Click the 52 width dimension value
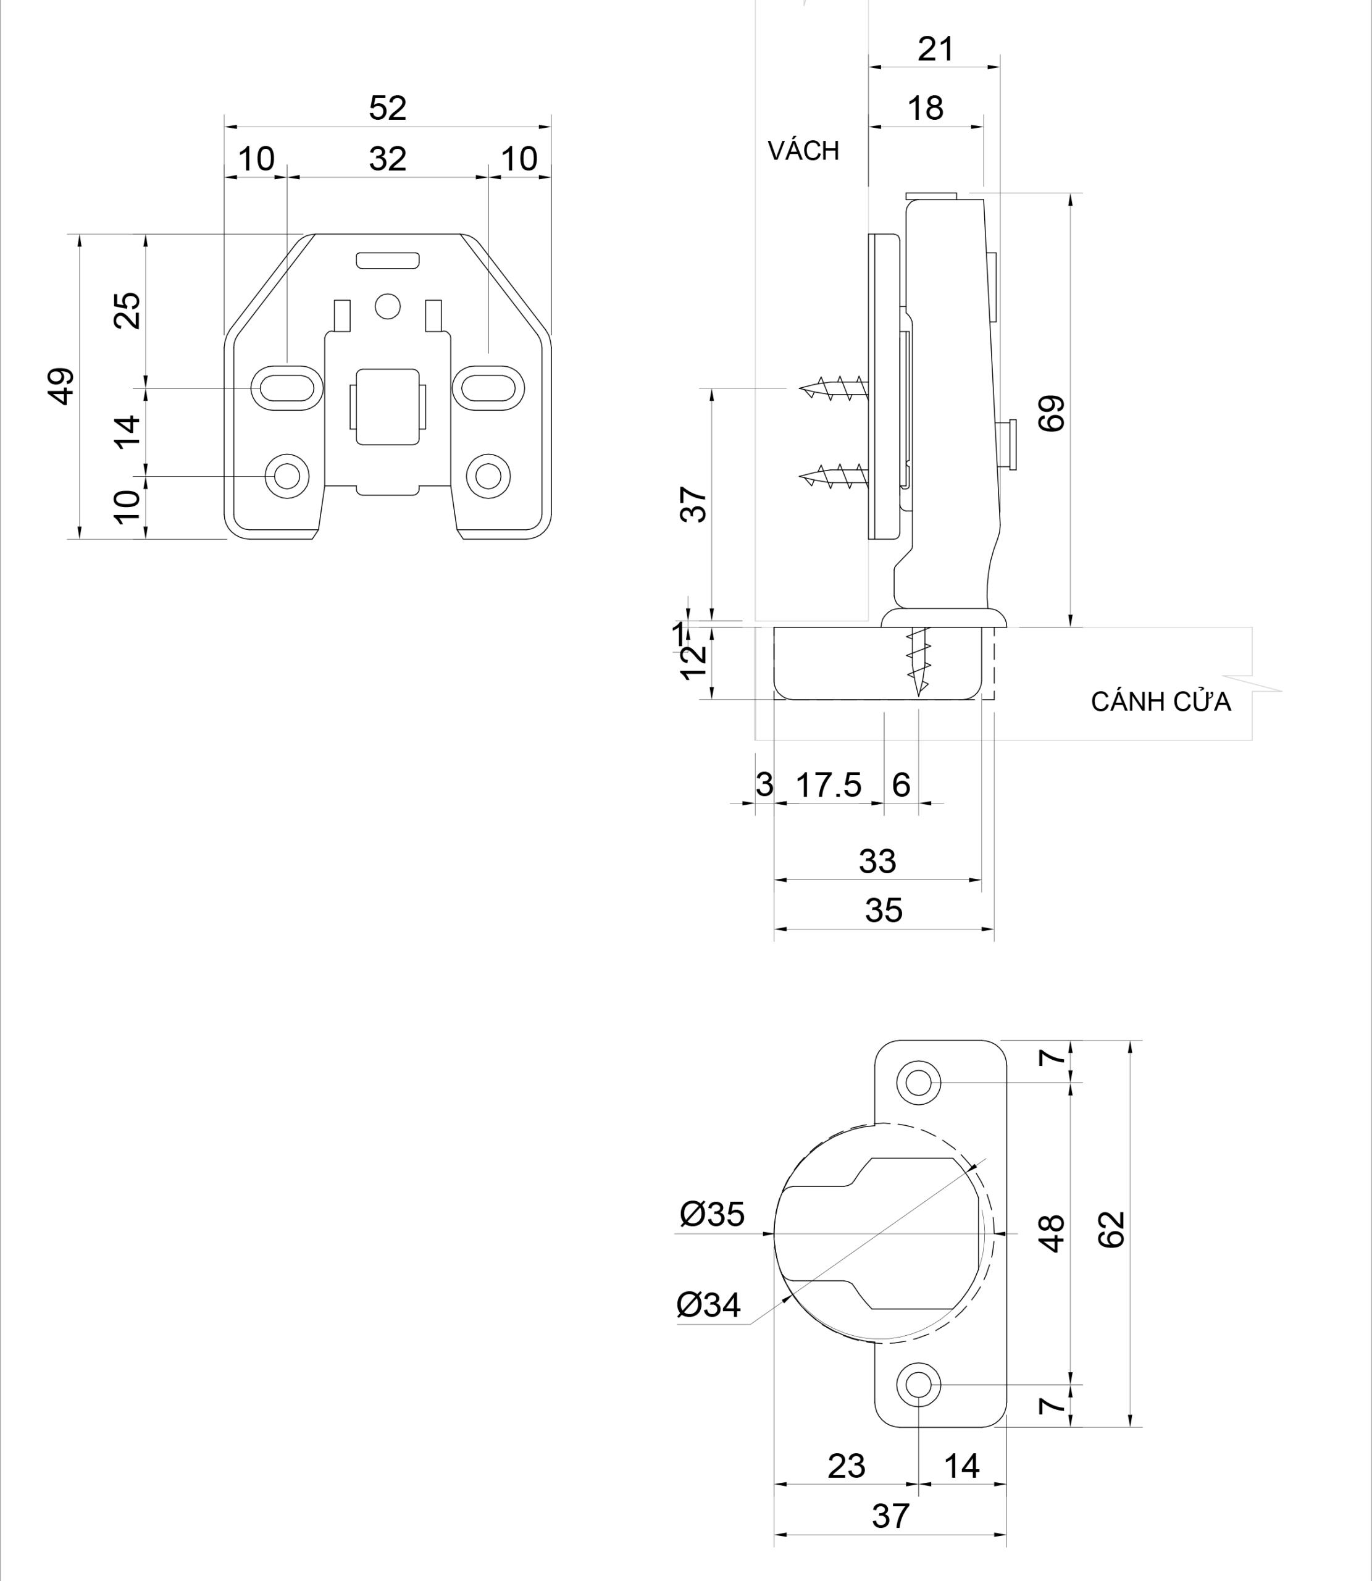tap(387, 108)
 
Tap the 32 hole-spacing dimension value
tap(387, 159)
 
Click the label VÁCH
tap(803, 151)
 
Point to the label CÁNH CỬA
tap(1161, 702)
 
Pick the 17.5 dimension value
tap(829, 785)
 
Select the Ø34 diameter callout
tap(709, 1306)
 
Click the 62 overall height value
tap(1111, 1230)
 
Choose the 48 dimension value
tap(1053, 1233)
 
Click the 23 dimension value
tap(846, 1466)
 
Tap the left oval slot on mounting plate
tap(287, 388)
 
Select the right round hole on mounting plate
tap(488, 476)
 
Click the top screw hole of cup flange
tap(919, 1083)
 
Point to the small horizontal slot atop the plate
tap(387, 261)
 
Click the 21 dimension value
tap(935, 50)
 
